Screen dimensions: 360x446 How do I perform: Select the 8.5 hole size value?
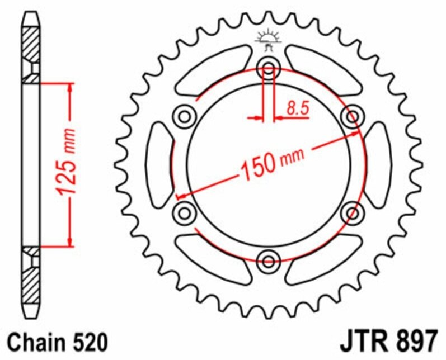tap(297, 108)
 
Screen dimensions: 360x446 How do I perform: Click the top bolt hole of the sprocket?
tap(268, 69)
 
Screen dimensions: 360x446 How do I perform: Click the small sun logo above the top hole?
tap(268, 38)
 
